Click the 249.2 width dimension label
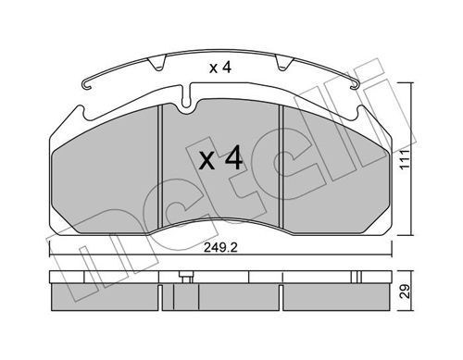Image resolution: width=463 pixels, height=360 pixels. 220,248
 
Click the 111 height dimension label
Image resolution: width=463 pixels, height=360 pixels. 405,159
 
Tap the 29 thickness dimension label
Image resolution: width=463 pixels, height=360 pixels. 405,291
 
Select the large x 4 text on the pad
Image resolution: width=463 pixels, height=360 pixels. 220,158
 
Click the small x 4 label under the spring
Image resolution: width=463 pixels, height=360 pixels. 220,68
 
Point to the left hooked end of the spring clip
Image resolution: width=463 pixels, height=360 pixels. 87,85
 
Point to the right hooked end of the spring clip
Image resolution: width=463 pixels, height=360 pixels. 354,85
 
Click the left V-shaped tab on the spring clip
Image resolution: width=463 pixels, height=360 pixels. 157,63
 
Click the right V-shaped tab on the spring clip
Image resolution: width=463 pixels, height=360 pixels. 282,63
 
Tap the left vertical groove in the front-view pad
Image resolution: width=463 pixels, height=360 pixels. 160,167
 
